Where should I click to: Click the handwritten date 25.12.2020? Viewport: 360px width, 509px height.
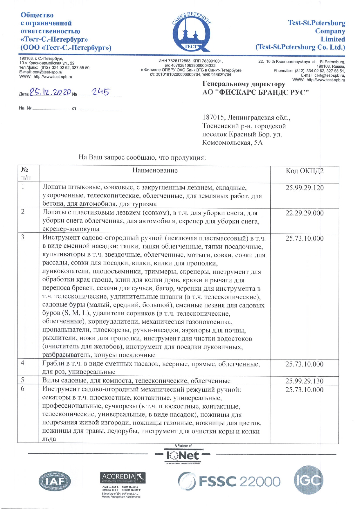pos(51,92)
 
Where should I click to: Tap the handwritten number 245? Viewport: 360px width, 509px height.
pos(100,92)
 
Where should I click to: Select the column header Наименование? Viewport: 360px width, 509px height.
pos(155,170)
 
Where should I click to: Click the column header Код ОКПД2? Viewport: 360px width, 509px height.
pos(305,171)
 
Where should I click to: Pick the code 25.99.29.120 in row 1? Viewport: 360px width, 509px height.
pos(304,188)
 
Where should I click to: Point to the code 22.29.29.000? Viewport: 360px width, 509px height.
pos(304,213)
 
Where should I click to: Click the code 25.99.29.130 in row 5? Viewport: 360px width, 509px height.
pos(304,381)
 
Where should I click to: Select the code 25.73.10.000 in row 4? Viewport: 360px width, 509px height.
pos(304,364)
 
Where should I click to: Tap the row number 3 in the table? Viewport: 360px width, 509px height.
pos(23,237)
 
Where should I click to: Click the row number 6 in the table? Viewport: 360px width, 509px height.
pos(23,389)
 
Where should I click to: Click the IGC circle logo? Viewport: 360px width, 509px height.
pos(308,480)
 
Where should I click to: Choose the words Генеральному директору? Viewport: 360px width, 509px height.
pos(244,84)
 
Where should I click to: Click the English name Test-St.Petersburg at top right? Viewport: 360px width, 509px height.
pos(316,23)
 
